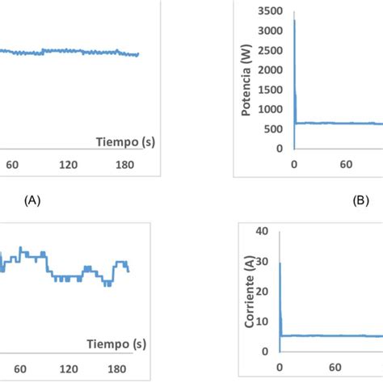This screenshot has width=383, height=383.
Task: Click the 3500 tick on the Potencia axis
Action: [x=271, y=11]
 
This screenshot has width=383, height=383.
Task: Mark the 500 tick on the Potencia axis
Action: [x=274, y=129]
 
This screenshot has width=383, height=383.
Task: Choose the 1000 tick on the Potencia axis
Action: [x=271, y=110]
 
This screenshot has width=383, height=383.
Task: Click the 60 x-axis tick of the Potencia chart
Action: [x=346, y=164]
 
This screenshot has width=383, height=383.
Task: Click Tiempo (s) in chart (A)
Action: [x=126, y=142]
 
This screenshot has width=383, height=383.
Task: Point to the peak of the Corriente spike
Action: [x=280, y=263]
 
